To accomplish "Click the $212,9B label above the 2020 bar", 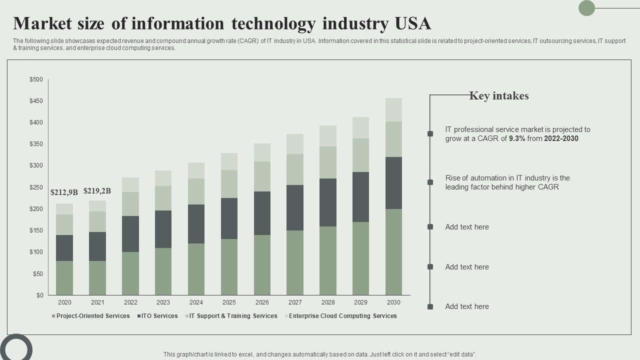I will pyautogui.click(x=64, y=192).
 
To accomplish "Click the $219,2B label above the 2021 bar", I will pyautogui.click(x=97, y=190).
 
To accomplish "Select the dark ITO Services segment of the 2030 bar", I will pyautogui.click(x=393, y=183).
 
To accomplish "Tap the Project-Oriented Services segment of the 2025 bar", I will pyautogui.click(x=229, y=266).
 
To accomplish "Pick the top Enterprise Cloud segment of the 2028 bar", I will pyautogui.click(x=328, y=135).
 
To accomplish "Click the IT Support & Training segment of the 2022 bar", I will pyautogui.click(x=130, y=204).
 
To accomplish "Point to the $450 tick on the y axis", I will pyautogui.click(x=36, y=101).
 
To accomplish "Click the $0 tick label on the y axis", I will pyautogui.click(x=39, y=295).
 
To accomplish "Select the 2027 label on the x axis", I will pyautogui.click(x=295, y=302).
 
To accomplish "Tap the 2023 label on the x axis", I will pyautogui.click(x=163, y=302).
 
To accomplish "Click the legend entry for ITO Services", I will pyautogui.click(x=159, y=316).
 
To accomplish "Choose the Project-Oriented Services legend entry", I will pyautogui.click(x=93, y=316).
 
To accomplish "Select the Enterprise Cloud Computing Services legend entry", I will pyautogui.click(x=342, y=316).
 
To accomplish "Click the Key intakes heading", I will pyautogui.click(x=498, y=96).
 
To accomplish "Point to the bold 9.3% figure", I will pyautogui.click(x=517, y=138).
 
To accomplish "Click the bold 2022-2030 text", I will pyautogui.click(x=561, y=138).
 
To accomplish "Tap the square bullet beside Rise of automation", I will pyautogui.click(x=430, y=182).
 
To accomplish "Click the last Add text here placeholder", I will pyautogui.click(x=467, y=306).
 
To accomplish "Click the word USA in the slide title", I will pyautogui.click(x=412, y=23).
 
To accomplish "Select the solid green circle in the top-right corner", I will pyautogui.click(x=586, y=8).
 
